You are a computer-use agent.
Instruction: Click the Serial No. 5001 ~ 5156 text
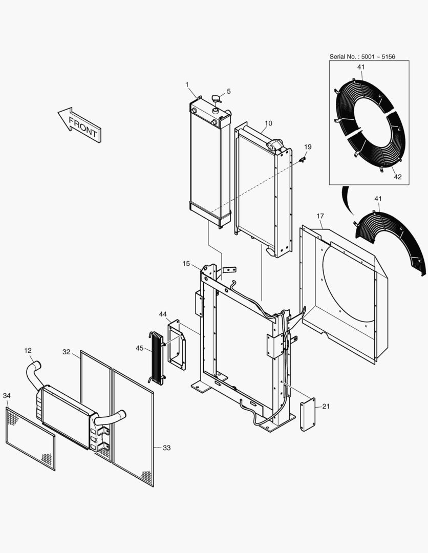(362, 56)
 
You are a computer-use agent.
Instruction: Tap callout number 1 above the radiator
(187, 84)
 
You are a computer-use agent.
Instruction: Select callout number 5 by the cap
(229, 91)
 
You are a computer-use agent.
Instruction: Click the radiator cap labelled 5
(216, 99)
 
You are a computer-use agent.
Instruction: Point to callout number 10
(269, 123)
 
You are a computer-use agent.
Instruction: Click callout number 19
(308, 147)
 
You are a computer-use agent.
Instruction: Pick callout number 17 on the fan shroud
(320, 217)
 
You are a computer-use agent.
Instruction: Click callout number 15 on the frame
(186, 263)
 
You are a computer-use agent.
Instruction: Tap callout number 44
(163, 313)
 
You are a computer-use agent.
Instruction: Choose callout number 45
(140, 348)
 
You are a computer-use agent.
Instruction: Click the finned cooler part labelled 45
(156, 358)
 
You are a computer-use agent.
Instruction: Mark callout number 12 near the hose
(28, 350)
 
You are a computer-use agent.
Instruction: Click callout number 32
(67, 352)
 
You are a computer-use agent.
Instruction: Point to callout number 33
(167, 448)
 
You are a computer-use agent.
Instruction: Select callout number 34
(6, 395)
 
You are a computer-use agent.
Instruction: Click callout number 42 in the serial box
(398, 177)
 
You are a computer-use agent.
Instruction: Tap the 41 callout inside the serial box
(361, 67)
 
